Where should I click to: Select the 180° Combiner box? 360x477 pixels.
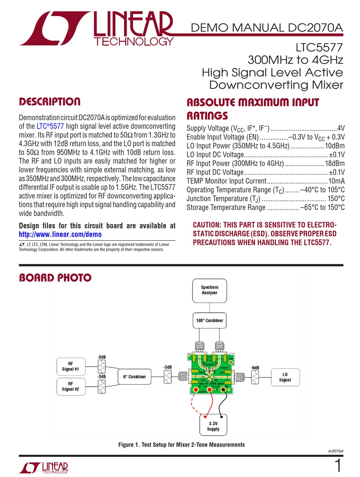pos(209,320)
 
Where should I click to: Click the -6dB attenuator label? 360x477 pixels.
pos(255,367)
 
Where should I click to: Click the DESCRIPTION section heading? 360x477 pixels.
pos(50,102)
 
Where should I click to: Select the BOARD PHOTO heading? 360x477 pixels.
pos(55,278)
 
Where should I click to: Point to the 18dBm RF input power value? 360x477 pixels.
pos(335,163)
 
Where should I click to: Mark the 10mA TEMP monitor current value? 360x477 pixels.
pos(337,181)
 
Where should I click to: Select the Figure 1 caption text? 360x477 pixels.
pos(182,444)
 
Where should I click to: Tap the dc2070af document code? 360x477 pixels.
pos(336,451)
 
